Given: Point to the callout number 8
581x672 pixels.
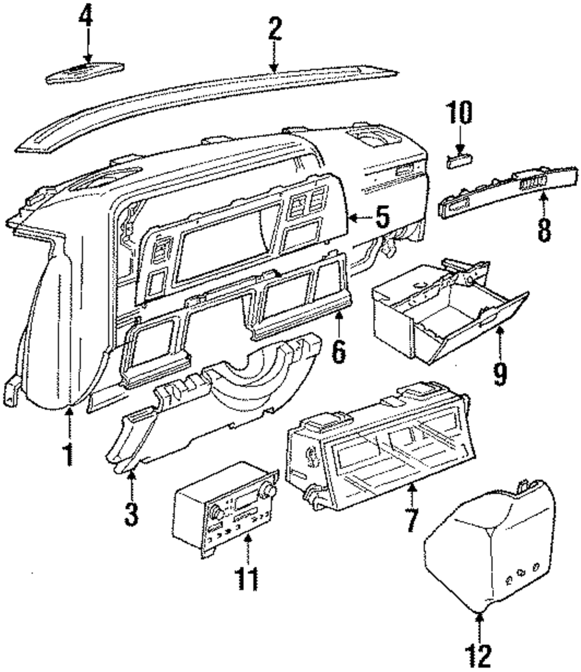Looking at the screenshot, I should pyautogui.click(x=544, y=230).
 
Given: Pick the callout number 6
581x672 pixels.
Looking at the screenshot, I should pyautogui.click(x=339, y=351).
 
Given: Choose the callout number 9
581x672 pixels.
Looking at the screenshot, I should pyautogui.click(x=499, y=374).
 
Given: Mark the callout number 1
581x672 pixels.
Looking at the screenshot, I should pyautogui.click(x=69, y=453).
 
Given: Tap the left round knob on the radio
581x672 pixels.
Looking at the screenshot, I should pyautogui.click(x=217, y=513).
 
